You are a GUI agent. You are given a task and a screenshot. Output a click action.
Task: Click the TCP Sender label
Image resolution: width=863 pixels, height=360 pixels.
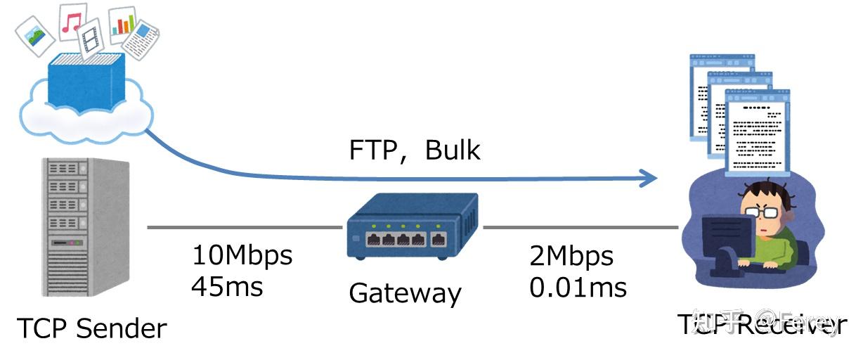pos(91,328)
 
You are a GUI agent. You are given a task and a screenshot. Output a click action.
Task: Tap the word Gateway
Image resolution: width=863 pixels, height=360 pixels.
pos(405,292)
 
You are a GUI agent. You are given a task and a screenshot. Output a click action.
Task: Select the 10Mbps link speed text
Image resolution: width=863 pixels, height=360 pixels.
pos(242,255)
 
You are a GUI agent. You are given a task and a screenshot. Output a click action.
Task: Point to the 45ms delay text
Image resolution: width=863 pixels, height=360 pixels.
pos(227,286)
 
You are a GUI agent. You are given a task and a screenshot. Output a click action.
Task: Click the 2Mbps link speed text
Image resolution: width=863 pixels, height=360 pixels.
pos(571,257)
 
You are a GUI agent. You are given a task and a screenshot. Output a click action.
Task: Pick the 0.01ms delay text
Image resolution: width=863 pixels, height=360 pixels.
pos(578,287)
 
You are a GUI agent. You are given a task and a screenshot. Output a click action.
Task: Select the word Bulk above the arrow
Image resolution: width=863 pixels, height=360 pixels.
pos(453,150)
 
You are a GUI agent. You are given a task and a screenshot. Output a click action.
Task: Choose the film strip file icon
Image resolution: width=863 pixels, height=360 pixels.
pos(91,39)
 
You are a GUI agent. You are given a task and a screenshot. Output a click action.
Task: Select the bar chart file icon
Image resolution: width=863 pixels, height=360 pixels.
pos(122,23)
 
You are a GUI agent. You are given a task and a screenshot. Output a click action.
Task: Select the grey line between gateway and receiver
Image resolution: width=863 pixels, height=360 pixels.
pos(580,228)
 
